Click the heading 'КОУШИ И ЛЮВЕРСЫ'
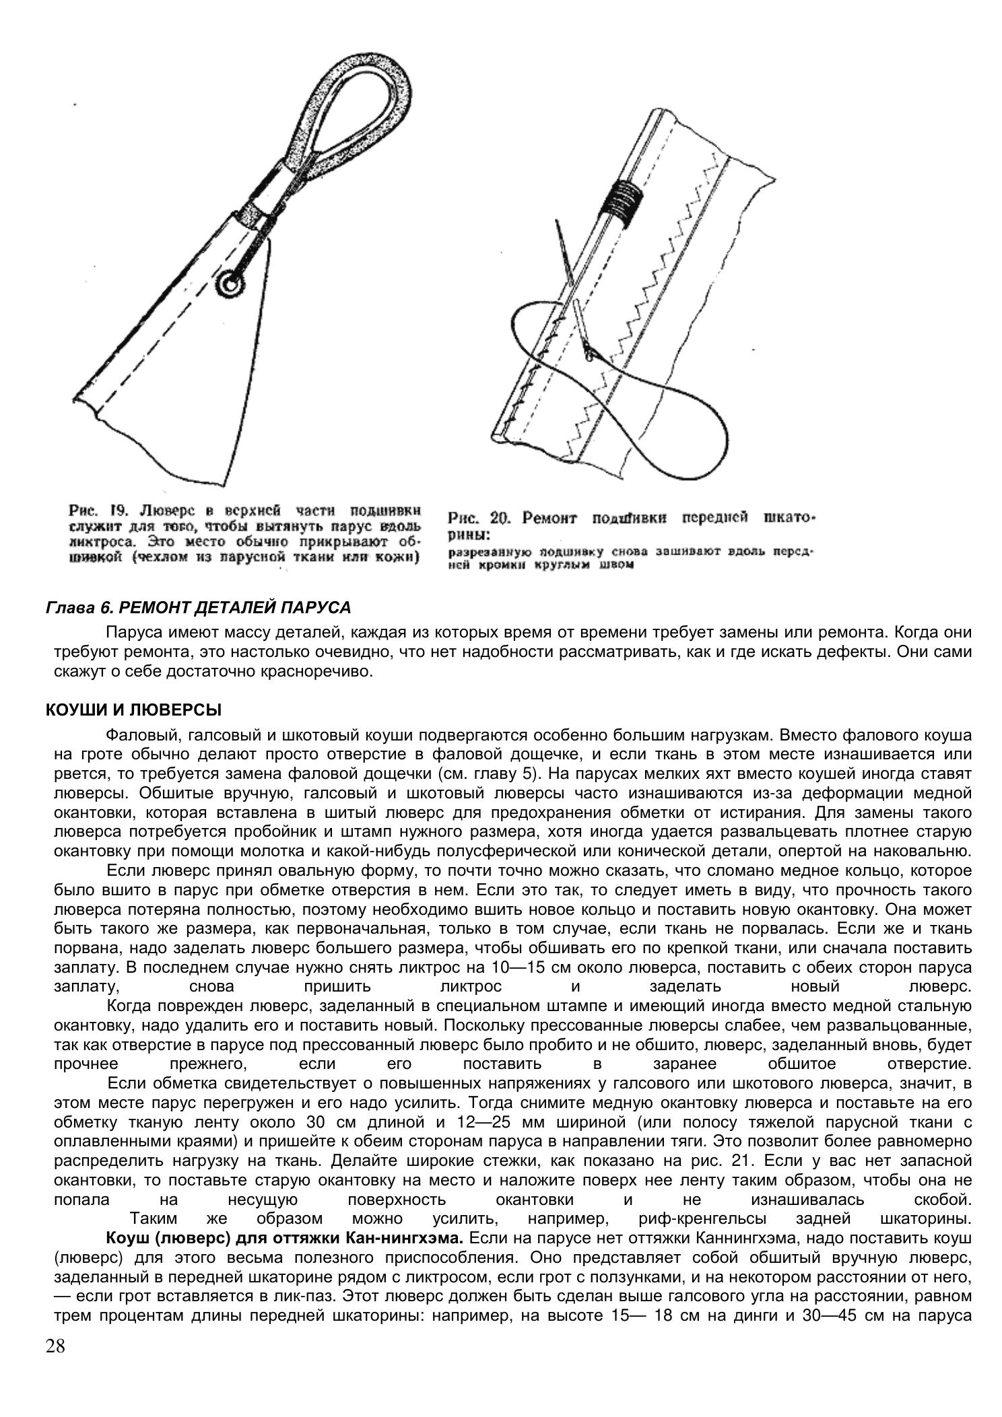133,710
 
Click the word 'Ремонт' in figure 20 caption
551,518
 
